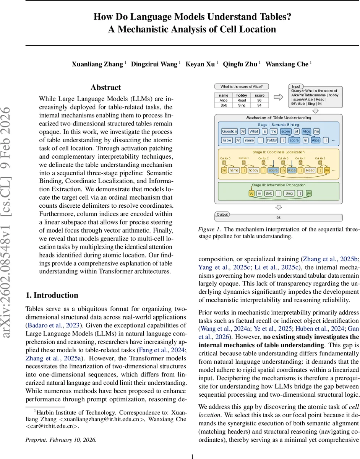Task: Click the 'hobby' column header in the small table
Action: point(242,95)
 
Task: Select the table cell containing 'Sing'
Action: point(242,105)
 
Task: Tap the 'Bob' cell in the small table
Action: point(224,105)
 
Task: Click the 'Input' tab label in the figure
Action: point(296,86)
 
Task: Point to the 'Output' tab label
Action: point(222,214)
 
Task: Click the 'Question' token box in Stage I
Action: point(229,131)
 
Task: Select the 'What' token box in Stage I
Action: point(254,131)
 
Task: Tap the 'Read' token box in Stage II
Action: point(310,170)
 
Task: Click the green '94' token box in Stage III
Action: point(308,194)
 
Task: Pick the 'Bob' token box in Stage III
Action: point(269,194)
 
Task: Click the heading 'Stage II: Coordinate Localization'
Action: point(278,152)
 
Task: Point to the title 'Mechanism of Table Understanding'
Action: point(278,118)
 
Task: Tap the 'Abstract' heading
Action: point(105,88)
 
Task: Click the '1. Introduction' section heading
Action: point(52,295)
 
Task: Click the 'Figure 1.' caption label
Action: point(209,229)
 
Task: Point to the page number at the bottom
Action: point(193,456)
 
